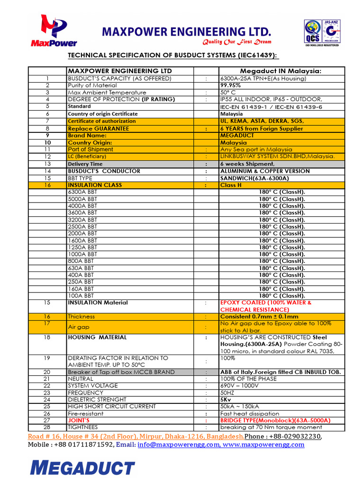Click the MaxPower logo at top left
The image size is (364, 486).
(54, 31)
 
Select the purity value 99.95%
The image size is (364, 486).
(230, 85)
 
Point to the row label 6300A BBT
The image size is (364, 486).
(82, 192)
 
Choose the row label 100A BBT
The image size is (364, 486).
(81, 296)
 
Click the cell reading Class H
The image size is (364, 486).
(231, 185)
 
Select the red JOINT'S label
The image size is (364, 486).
(79, 421)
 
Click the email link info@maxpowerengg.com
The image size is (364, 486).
(178, 445)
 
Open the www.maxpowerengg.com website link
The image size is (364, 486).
(263, 445)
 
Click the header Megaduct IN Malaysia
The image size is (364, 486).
(281, 71)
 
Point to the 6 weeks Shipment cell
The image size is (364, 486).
(247, 164)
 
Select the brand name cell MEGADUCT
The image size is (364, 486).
(237, 136)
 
